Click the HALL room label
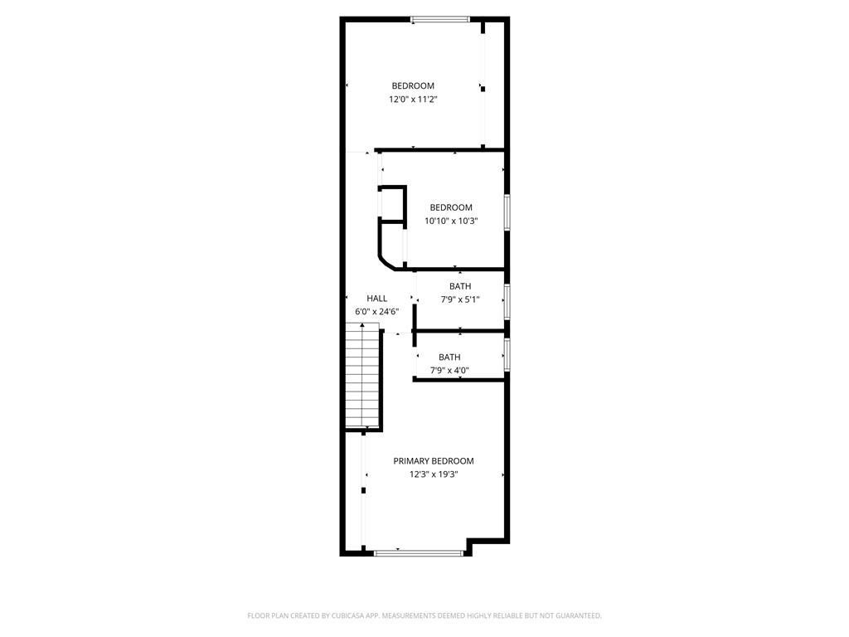point(377,299)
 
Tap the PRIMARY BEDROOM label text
point(434,461)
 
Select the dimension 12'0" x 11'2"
point(413,100)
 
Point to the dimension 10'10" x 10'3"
point(451,221)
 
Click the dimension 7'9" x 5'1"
point(460,299)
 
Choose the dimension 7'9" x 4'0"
point(449,371)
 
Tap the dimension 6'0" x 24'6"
point(377,312)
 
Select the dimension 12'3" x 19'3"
point(434,474)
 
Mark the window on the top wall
point(440,19)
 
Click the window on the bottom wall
point(420,552)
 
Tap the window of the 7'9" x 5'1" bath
point(507,302)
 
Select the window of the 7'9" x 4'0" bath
point(507,355)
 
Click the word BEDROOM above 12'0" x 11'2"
point(413,86)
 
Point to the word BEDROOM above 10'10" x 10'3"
point(451,207)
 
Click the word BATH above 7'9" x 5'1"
point(460,286)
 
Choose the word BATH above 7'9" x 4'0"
point(449,357)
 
